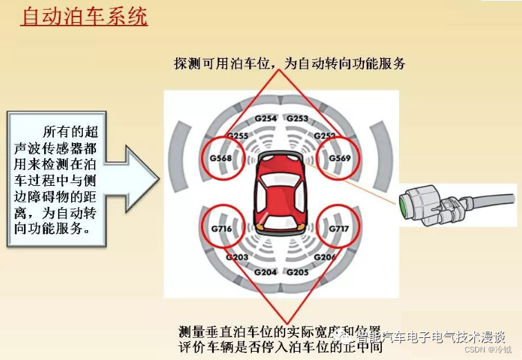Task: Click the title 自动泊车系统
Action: click(84, 17)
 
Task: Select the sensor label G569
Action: click(340, 158)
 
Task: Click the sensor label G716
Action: click(222, 227)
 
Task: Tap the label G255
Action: click(238, 135)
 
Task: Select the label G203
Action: click(237, 257)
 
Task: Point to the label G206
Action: click(325, 257)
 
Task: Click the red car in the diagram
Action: click(280, 194)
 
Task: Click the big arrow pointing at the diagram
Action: click(135, 177)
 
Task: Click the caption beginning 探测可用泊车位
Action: click(289, 64)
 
